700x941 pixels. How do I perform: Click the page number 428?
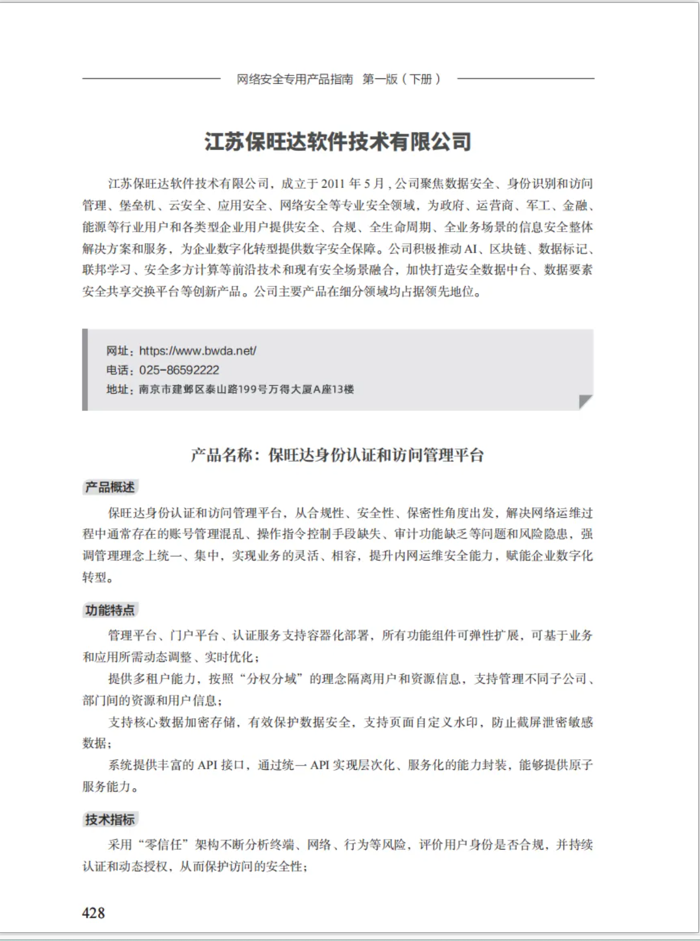pyautogui.click(x=93, y=912)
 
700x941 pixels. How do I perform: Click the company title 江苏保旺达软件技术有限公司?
pyautogui.click(x=338, y=142)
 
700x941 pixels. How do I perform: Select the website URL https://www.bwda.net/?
pyautogui.click(x=198, y=351)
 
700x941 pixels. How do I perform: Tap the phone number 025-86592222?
pyautogui.click(x=179, y=371)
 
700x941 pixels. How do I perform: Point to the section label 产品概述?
pyautogui.click(x=110, y=487)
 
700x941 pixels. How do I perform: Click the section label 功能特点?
pyautogui.click(x=110, y=610)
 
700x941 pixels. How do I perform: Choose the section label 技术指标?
pyautogui.click(x=110, y=820)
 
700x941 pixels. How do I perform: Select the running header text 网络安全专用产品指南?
pyautogui.click(x=295, y=79)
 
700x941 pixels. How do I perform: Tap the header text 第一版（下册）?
pyautogui.click(x=401, y=79)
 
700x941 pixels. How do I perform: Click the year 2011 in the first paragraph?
pyautogui.click(x=333, y=184)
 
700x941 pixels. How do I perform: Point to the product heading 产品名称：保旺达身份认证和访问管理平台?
pyautogui.click(x=337, y=455)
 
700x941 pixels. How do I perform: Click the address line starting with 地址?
pyautogui.click(x=230, y=389)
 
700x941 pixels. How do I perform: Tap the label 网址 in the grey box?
pyautogui.click(x=117, y=351)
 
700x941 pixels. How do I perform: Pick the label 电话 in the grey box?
pyautogui.click(x=117, y=371)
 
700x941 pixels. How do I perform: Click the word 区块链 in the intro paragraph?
pyautogui.click(x=508, y=249)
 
